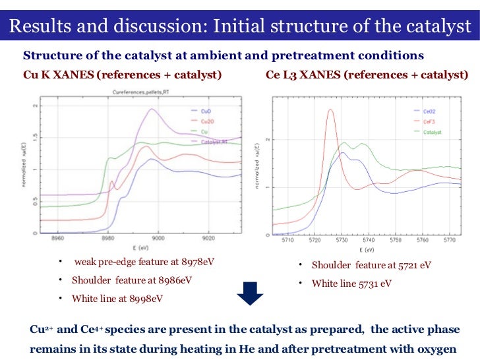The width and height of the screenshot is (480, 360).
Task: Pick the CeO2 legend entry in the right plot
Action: coord(429,111)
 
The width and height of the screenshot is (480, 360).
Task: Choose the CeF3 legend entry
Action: coord(429,121)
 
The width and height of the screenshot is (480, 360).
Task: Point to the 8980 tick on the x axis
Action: coord(109,239)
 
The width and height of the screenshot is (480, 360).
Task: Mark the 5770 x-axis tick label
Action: coord(450,241)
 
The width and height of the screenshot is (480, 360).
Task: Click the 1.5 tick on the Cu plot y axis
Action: coord(34,136)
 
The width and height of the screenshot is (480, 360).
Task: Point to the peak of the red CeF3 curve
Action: coord(331,110)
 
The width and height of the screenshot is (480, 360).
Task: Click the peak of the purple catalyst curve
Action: coord(153,109)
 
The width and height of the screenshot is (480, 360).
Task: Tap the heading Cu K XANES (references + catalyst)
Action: coord(123,75)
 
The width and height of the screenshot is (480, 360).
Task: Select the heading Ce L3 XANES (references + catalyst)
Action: coord(367,75)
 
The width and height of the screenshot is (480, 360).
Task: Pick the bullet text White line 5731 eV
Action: coord(351,284)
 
